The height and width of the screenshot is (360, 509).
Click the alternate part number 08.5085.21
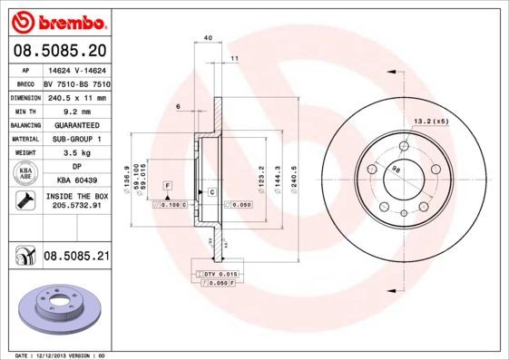76,258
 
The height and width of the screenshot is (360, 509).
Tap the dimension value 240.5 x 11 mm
76,97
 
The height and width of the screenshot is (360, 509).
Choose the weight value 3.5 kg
76,153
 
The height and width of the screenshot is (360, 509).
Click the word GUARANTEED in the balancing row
76,124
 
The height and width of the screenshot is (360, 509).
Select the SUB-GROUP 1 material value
76,139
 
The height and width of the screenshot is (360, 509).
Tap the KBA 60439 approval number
76,181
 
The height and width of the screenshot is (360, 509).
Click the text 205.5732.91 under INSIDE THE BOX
76,207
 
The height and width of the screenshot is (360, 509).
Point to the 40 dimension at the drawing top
208,37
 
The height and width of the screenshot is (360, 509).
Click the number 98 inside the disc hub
396,170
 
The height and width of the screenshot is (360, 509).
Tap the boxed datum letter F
167,185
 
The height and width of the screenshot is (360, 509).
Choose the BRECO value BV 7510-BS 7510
76,83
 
